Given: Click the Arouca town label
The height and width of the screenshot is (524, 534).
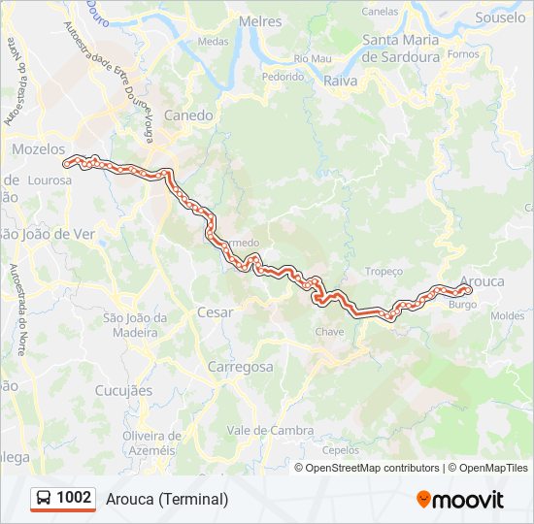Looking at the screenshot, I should (x=483, y=281).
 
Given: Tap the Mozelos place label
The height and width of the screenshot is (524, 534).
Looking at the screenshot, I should (x=38, y=149).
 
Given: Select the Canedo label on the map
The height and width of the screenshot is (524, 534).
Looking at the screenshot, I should (x=188, y=115).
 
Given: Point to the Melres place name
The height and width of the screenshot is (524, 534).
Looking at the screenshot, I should (x=260, y=21).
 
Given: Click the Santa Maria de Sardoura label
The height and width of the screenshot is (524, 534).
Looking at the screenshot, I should (x=401, y=48).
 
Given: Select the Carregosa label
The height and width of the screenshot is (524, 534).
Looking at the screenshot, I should (x=240, y=367).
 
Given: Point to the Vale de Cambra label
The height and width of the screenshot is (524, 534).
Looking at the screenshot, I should (x=270, y=430).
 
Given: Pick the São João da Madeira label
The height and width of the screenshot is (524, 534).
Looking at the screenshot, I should (x=136, y=324).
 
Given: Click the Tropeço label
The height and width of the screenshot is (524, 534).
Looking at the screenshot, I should (x=384, y=272).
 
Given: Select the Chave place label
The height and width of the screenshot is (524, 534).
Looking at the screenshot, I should (x=330, y=332).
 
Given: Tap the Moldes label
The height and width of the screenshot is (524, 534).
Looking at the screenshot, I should (x=507, y=315).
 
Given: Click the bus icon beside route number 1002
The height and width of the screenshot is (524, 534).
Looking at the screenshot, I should (x=44, y=499).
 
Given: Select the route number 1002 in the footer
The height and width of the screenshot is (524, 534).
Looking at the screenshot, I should (x=74, y=498).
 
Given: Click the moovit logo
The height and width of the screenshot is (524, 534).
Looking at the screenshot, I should (x=460, y=500).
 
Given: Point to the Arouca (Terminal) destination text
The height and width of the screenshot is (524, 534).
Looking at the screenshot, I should (x=168, y=500).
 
